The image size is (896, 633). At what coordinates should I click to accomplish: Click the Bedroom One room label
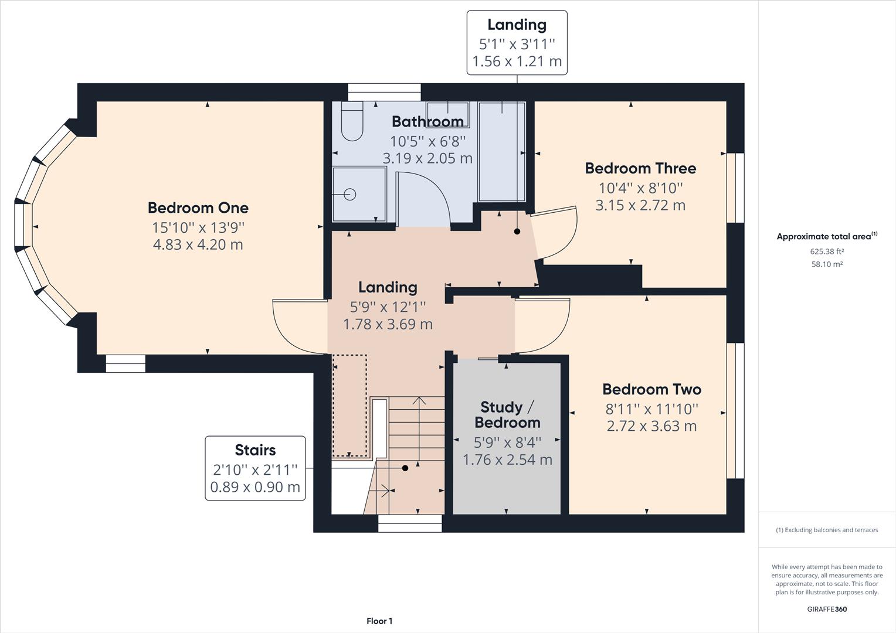[x=198, y=208]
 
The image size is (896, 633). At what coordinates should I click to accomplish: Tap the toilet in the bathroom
[x=352, y=122]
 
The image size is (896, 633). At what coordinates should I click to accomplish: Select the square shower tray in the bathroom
[x=359, y=194]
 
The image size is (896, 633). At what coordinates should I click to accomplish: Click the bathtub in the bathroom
[x=501, y=151]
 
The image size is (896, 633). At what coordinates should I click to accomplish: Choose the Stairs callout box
[x=255, y=468]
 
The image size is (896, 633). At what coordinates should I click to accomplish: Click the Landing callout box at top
[x=517, y=43]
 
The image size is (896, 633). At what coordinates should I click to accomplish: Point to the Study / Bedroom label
[x=507, y=415]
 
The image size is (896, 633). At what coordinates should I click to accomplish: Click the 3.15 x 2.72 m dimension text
[x=640, y=205]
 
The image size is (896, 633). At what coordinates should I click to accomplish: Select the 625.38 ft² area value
[x=827, y=251]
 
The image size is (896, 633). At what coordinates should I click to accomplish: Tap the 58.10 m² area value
[x=827, y=264]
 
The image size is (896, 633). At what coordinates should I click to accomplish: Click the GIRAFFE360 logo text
[x=827, y=609]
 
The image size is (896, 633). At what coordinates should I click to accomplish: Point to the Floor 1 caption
[x=379, y=621]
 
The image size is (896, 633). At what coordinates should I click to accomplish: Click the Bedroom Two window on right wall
[x=735, y=410]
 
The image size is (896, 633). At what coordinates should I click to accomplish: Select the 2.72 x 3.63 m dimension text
[x=651, y=426]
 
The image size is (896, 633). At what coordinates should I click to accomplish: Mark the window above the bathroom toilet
[x=384, y=92]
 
